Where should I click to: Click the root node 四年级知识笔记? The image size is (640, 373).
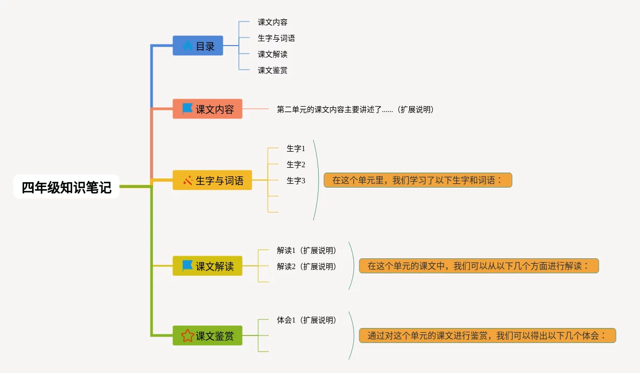click(x=66, y=187)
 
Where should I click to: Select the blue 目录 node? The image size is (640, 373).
click(x=198, y=46)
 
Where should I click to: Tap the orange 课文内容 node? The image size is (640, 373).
click(x=207, y=109)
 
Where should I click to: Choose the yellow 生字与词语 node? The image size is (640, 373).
click(x=212, y=181)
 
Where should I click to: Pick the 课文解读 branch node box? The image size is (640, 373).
click(x=207, y=266)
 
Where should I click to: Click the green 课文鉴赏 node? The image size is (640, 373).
click(x=207, y=336)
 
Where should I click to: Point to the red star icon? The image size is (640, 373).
click(x=187, y=336)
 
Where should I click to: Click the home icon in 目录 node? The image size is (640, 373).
click(x=187, y=46)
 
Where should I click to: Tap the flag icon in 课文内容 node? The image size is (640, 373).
click(x=187, y=109)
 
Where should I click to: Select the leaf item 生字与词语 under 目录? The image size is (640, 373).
click(x=276, y=38)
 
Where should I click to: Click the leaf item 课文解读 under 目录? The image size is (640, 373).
click(x=273, y=54)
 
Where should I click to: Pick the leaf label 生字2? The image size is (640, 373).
click(x=296, y=165)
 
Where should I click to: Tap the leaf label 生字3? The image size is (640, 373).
click(x=296, y=181)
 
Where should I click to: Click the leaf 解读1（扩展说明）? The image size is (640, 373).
click(x=306, y=250)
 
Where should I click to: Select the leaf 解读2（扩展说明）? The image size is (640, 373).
click(x=306, y=266)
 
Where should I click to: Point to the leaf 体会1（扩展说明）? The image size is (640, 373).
click(x=306, y=320)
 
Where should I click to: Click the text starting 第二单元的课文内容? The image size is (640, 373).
click(x=355, y=109)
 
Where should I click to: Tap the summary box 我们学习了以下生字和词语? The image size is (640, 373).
click(x=418, y=180)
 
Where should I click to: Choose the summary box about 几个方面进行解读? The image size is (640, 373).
click(x=478, y=266)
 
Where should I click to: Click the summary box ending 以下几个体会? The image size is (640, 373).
click(x=487, y=335)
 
